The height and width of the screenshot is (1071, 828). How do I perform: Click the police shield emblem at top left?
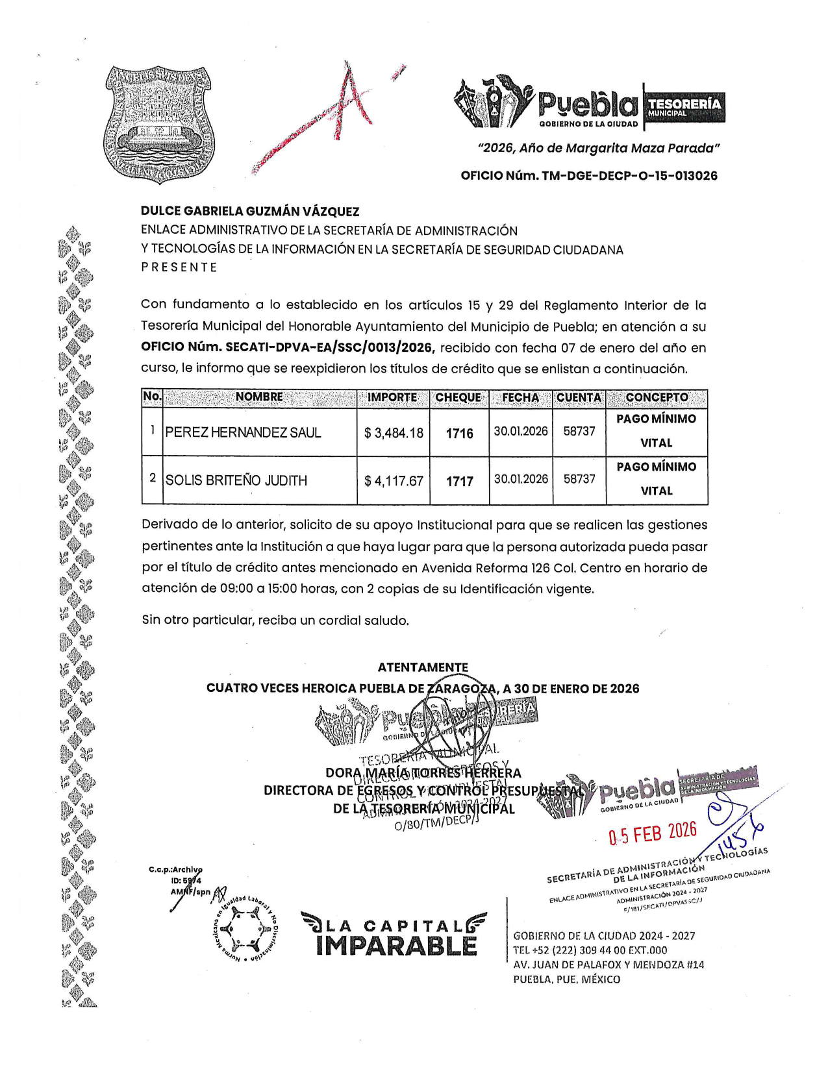click(x=158, y=123)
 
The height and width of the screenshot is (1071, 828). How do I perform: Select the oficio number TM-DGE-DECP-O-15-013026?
click(x=589, y=176)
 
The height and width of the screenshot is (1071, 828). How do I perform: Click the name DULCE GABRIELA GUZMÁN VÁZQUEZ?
click(x=250, y=212)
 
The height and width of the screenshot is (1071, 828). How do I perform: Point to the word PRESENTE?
click(x=179, y=267)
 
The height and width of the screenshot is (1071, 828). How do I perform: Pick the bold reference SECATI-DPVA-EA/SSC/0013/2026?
click(x=287, y=348)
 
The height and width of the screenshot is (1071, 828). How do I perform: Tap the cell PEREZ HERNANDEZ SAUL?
click(x=243, y=433)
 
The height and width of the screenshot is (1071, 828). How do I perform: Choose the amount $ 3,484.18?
click(x=394, y=433)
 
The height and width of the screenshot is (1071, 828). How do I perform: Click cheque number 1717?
click(x=459, y=482)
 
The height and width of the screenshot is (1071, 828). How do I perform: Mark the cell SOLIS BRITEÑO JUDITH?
click(x=236, y=481)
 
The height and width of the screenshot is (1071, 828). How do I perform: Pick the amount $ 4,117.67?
click(x=394, y=482)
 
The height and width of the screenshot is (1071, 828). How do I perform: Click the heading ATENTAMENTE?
click(x=423, y=667)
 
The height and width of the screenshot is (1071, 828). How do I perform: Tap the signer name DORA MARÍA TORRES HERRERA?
click(x=423, y=773)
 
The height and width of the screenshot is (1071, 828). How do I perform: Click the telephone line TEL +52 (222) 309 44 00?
click(x=590, y=950)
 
